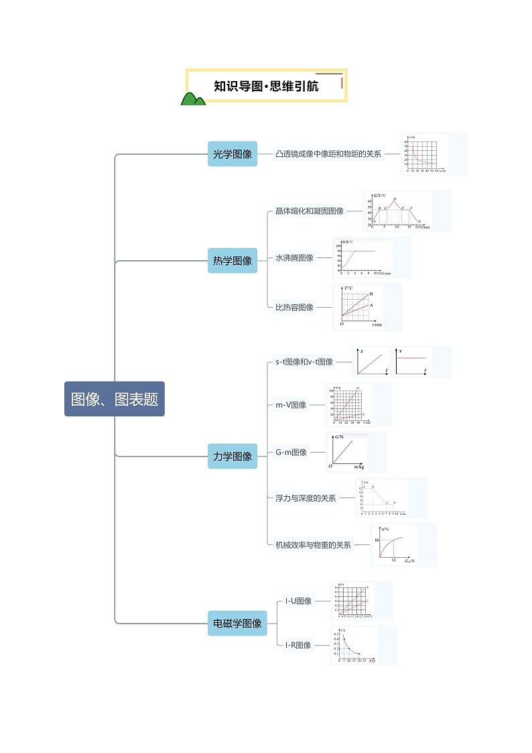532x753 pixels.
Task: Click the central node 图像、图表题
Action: click(x=115, y=399)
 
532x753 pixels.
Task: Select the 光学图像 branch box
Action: click(x=232, y=154)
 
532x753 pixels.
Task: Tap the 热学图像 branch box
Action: click(x=232, y=261)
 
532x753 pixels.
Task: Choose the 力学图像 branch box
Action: click(x=232, y=456)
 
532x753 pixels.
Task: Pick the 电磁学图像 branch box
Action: click(x=237, y=623)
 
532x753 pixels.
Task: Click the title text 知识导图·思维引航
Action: click(x=266, y=86)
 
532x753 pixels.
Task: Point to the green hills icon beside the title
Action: click(x=193, y=99)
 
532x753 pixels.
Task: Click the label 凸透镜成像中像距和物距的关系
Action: click(x=328, y=154)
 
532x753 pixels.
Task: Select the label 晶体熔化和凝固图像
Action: click(x=310, y=211)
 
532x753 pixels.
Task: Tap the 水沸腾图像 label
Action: click(x=294, y=257)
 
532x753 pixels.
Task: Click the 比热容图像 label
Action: click(x=294, y=307)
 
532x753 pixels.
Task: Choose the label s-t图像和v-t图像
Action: click(x=304, y=362)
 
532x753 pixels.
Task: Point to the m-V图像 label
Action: click(x=291, y=405)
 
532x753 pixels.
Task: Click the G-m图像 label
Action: click(x=291, y=453)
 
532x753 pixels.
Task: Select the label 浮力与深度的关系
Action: click(x=306, y=498)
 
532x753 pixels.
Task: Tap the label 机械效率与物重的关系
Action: click(x=313, y=545)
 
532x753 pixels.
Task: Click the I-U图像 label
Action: click(x=298, y=601)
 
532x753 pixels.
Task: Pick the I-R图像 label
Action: click(x=297, y=645)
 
